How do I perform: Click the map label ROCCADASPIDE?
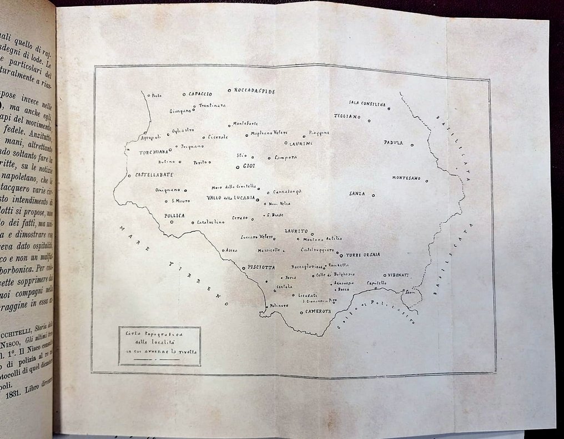tap(255, 90)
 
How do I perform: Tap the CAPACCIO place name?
tap(201, 94)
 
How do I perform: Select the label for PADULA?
tap(393, 142)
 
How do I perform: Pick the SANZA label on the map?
tap(357, 193)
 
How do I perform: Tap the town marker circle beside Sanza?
tap(374, 195)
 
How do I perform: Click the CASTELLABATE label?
tap(152, 174)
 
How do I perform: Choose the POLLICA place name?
tap(174, 215)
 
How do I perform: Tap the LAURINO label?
tap(300, 144)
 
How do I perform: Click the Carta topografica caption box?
tap(159, 345)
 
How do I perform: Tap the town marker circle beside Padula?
tap(412, 146)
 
